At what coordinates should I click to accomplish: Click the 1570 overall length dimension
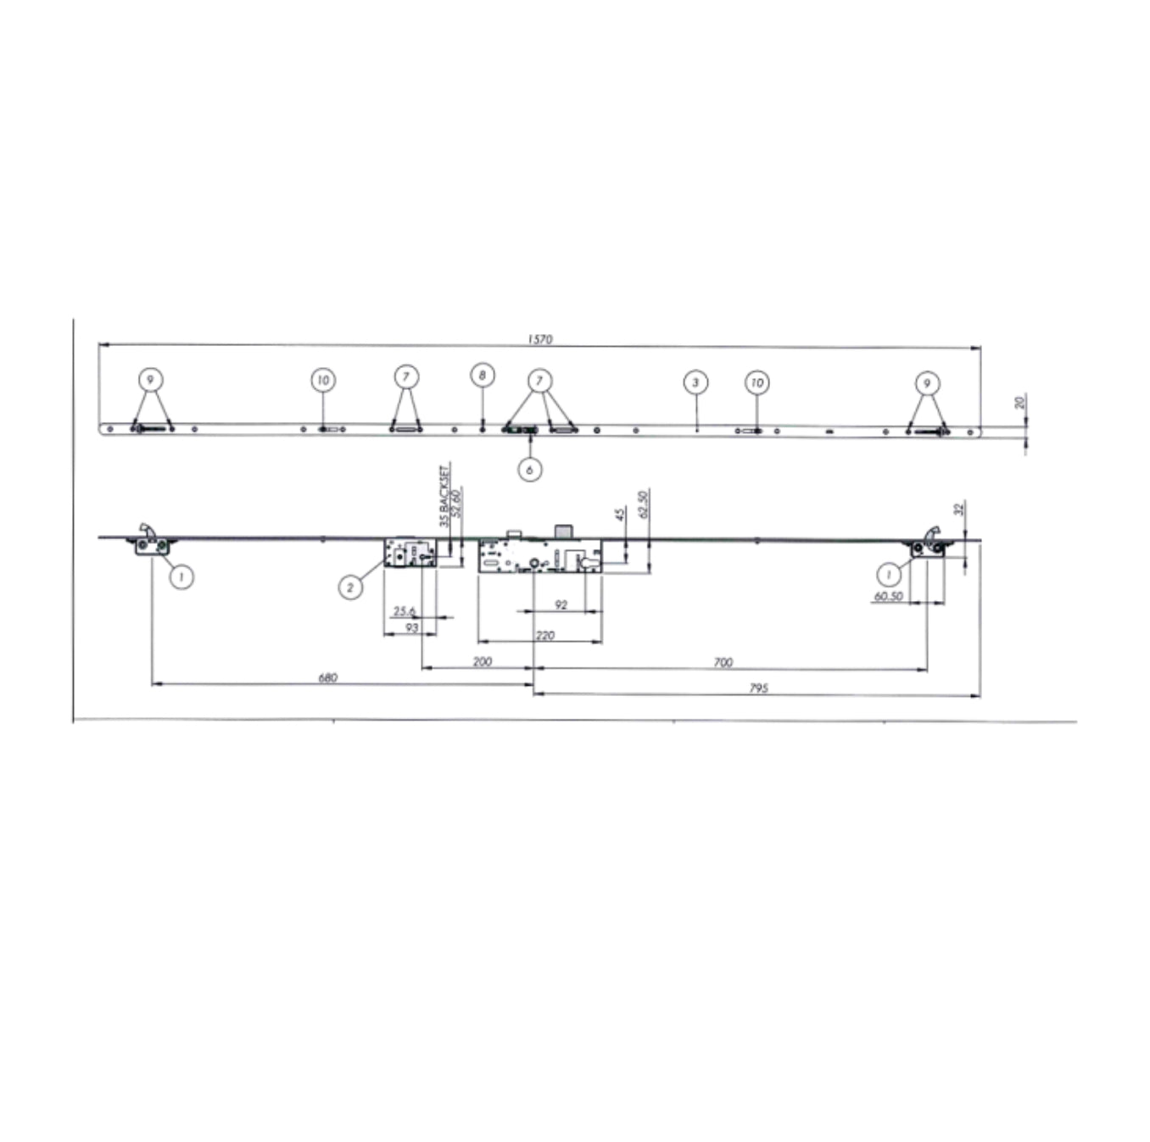(539, 339)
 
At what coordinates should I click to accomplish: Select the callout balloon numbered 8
(482, 375)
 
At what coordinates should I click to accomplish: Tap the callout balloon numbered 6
(530, 469)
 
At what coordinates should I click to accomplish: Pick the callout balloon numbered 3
(695, 382)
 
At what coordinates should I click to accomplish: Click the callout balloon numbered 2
(350, 586)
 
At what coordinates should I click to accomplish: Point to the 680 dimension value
(327, 677)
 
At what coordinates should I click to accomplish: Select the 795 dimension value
(758, 688)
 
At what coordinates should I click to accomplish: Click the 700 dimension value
(723, 662)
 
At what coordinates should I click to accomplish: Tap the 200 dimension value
(482, 661)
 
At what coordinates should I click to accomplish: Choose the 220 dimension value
(545, 635)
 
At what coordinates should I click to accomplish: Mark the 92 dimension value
(561, 604)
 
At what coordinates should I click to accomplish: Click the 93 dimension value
(411, 628)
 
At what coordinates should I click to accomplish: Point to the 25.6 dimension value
(405, 611)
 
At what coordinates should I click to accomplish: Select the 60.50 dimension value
(888, 597)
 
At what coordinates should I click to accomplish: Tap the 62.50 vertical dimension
(643, 504)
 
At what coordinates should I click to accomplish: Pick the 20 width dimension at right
(1020, 402)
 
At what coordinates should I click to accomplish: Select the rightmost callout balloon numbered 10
(757, 382)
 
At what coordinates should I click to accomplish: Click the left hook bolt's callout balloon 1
(181, 577)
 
